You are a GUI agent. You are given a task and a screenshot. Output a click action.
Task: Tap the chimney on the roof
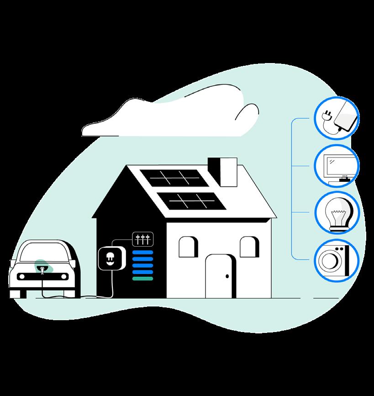click(222, 171)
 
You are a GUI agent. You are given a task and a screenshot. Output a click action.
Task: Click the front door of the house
click(220, 276)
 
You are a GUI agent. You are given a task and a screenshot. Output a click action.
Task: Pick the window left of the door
click(187, 247)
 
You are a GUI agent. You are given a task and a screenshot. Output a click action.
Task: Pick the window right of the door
click(249, 247)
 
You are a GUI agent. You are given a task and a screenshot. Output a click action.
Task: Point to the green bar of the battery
click(142, 278)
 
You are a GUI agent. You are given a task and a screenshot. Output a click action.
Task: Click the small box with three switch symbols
click(142, 238)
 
